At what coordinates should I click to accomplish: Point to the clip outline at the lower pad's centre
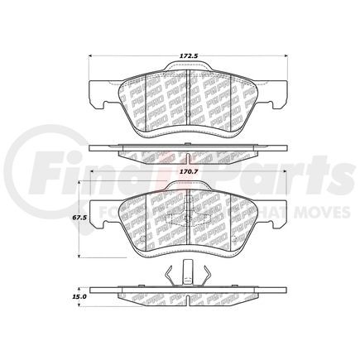tap(189, 218)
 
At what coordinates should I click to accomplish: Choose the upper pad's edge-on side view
tap(190, 151)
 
